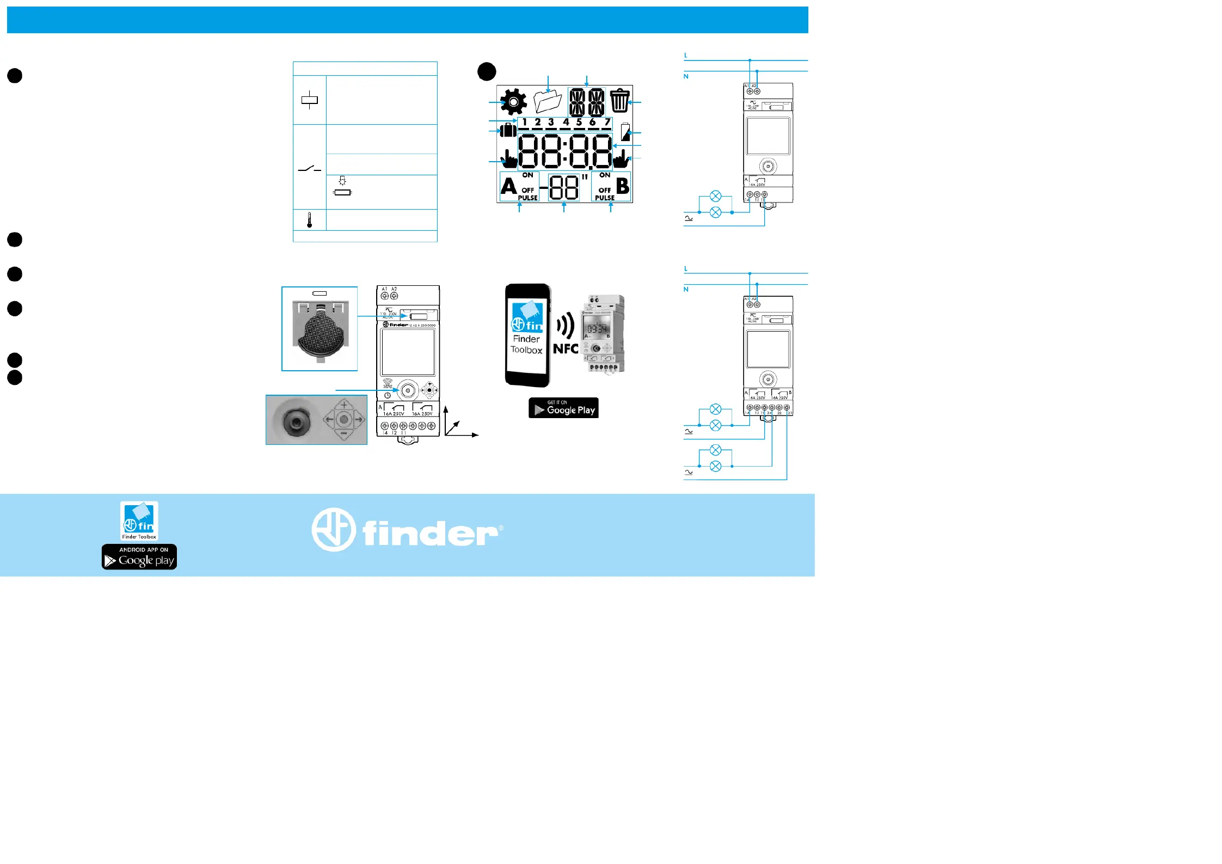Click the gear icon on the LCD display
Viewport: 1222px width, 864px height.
[x=513, y=102]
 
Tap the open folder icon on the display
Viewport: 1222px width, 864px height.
[x=548, y=101]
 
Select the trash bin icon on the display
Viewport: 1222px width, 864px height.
[x=619, y=101]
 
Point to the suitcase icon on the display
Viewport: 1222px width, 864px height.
[x=508, y=130]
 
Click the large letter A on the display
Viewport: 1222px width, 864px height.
[x=508, y=186]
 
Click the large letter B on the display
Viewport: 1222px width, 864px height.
[x=623, y=186]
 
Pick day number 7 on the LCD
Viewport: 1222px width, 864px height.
[x=607, y=122]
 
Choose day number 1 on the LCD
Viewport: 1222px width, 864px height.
[x=524, y=122]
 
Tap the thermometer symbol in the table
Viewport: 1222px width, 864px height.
[x=309, y=220]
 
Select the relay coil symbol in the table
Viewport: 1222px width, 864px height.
[x=309, y=100]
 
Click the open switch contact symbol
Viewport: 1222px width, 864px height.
[x=309, y=169]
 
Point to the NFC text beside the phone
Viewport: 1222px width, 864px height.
[x=566, y=349]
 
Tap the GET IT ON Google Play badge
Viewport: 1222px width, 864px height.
[x=563, y=408]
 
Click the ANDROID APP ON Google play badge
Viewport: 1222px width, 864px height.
[x=139, y=557]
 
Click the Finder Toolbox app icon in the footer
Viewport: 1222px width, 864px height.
[x=139, y=520]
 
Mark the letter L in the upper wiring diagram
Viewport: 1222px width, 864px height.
[x=686, y=56]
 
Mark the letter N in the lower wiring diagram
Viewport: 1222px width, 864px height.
[x=686, y=289]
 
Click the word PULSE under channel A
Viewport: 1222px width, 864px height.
[x=527, y=198]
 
